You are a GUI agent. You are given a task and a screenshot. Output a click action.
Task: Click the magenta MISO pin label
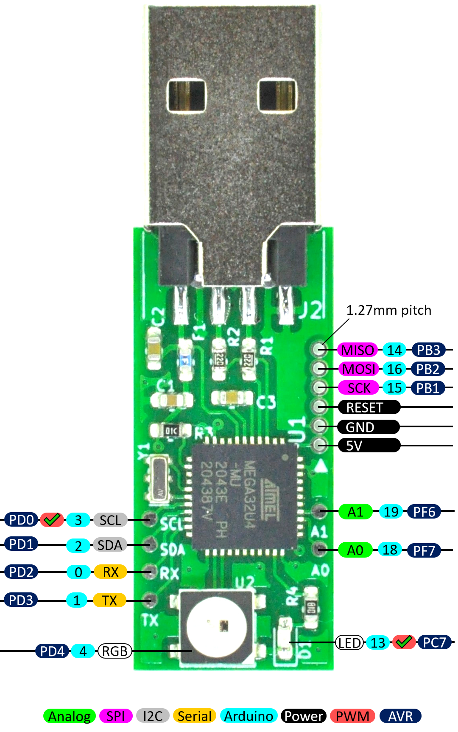coord(357,350)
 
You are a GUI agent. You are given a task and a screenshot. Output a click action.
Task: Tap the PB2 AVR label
coord(427,369)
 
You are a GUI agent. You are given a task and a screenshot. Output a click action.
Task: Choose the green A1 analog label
coord(355,512)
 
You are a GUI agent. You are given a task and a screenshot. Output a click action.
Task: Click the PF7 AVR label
coord(424,551)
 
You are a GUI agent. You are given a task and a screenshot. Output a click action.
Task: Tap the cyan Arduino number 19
coord(391,512)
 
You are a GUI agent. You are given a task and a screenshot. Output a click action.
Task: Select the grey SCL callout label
coord(110,520)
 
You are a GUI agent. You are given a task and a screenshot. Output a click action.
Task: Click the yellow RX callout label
coord(110,572)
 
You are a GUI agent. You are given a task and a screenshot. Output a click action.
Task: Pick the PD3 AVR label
coord(21,600)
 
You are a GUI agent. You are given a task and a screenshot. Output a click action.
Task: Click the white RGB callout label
coord(115,651)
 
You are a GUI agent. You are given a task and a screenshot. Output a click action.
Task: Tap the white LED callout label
coord(350,643)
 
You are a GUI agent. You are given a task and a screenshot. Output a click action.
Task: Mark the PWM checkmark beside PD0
coord(52,520)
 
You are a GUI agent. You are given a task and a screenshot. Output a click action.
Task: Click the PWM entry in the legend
coord(352,716)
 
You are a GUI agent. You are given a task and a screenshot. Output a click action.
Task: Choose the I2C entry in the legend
coord(153,716)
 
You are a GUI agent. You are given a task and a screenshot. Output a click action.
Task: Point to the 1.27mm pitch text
coord(388,310)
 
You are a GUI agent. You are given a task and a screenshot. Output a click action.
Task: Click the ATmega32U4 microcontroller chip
coord(244,496)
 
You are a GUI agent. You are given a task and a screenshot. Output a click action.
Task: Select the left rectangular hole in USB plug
coord(186,95)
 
